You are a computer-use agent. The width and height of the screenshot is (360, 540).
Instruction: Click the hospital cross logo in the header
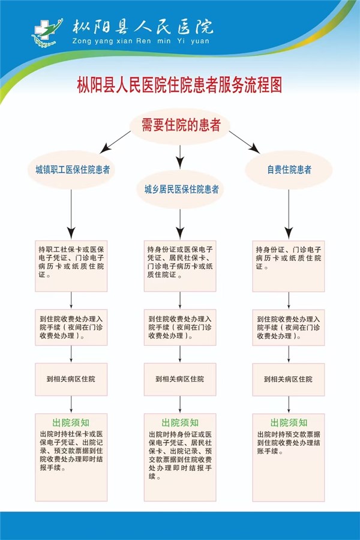click(x=47, y=32)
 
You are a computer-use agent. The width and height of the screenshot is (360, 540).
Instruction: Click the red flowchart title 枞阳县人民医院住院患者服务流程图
click(x=179, y=85)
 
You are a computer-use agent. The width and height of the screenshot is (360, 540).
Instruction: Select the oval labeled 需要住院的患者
click(x=180, y=126)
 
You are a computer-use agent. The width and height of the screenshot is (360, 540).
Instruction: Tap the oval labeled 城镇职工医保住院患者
click(x=71, y=170)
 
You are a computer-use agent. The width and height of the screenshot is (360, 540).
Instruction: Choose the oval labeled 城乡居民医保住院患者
click(x=180, y=189)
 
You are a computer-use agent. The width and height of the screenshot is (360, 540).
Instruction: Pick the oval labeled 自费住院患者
click(x=289, y=169)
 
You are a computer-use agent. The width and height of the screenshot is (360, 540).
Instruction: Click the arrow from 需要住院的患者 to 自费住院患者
click(x=245, y=142)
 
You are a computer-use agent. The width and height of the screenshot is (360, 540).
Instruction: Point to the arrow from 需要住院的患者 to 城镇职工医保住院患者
click(x=115, y=142)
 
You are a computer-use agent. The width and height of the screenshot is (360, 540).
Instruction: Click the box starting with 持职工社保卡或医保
click(x=71, y=266)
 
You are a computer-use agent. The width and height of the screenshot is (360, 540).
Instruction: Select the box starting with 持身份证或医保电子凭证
click(x=180, y=266)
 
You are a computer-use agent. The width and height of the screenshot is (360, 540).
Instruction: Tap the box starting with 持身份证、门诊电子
click(x=289, y=266)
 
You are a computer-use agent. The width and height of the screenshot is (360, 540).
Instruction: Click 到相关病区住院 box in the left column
click(x=71, y=379)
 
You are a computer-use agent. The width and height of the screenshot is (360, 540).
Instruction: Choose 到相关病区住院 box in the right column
click(x=289, y=379)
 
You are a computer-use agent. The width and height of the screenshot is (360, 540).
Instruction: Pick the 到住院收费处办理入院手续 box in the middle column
click(x=180, y=327)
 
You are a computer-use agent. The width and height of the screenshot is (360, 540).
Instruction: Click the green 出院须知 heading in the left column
click(x=71, y=422)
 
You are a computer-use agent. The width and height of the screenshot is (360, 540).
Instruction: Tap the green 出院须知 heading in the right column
click(x=289, y=422)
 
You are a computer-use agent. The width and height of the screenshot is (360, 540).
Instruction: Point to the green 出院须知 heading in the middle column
click(x=180, y=422)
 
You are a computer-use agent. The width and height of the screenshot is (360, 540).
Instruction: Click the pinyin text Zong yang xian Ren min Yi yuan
click(x=140, y=41)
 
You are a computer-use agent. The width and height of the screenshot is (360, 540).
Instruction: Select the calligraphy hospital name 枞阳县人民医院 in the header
click(x=142, y=27)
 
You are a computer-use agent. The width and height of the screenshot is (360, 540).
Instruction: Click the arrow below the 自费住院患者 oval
click(x=289, y=214)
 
